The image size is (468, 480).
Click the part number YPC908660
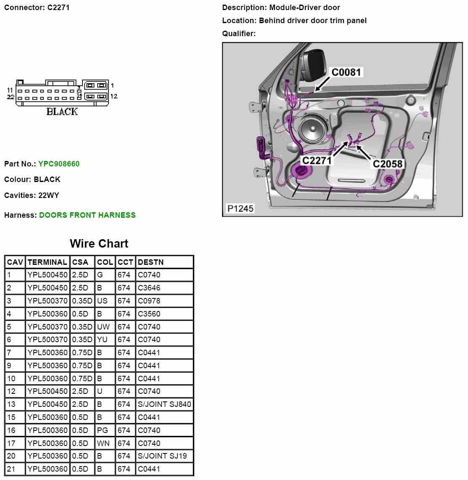point(58,164)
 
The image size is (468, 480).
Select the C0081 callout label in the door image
point(346,72)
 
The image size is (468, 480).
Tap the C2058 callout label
point(387,164)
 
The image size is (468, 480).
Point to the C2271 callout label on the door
point(317,161)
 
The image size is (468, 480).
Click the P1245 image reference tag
point(241,208)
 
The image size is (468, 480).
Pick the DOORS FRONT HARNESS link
point(87,215)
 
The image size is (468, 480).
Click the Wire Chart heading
point(99,244)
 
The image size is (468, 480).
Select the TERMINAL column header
point(47,262)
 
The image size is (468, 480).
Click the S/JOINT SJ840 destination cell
point(164,404)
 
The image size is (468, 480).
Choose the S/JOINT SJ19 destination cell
point(162,456)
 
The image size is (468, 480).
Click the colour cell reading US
point(102,301)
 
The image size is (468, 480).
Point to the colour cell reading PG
point(102,430)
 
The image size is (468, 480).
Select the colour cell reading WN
point(103,443)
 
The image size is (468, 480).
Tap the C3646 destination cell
point(149,288)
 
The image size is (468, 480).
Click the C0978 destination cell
point(149,301)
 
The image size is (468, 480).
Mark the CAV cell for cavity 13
point(11,404)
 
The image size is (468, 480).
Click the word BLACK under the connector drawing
point(62,111)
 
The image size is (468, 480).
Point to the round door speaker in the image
point(314,130)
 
